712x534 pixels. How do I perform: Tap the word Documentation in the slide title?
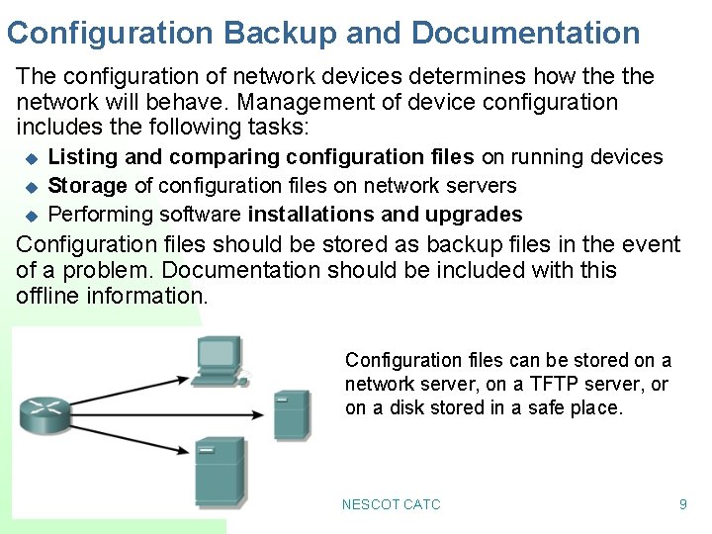(525, 33)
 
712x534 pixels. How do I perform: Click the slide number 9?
(682, 504)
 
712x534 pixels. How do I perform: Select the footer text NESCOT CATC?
(391, 504)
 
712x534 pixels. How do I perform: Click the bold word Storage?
(87, 186)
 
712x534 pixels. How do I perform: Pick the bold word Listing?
(81, 157)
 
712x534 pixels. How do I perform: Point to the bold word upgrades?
(474, 215)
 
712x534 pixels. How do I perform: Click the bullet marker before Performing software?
(31, 215)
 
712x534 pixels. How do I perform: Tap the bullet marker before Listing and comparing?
(31, 157)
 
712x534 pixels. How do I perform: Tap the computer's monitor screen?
(218, 353)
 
